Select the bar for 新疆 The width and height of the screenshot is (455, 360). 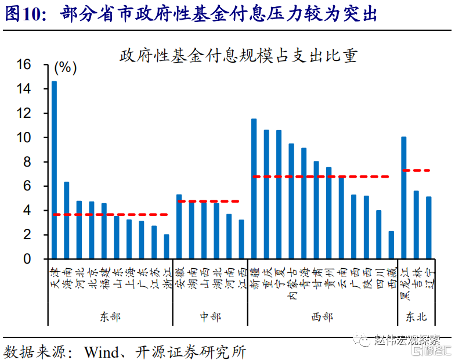point(254,189)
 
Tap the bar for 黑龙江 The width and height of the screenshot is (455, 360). point(404,197)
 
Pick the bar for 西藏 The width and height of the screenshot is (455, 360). point(391,245)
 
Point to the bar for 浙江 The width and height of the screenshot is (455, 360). point(167,247)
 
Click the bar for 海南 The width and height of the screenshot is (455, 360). point(67,220)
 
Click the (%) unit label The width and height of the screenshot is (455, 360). point(65,68)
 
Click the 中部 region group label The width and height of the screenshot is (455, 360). point(210,316)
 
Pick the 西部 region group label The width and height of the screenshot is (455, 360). point(322,316)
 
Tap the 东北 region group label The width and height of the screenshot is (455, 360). point(416,316)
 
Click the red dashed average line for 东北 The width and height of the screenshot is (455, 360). point(416,170)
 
